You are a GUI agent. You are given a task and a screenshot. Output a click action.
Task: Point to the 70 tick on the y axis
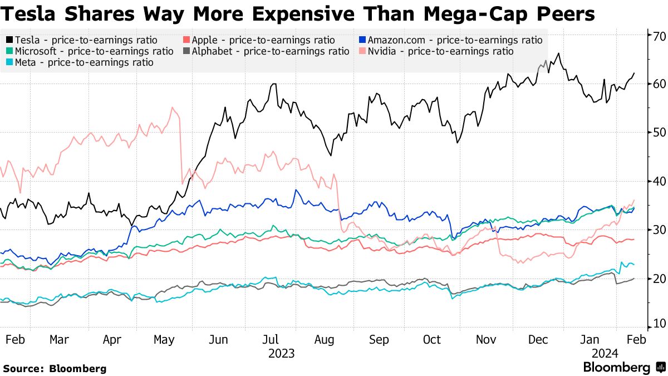pyautogui.click(x=656, y=36)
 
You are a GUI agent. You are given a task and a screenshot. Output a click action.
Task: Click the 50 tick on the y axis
pyautogui.click(x=656, y=132)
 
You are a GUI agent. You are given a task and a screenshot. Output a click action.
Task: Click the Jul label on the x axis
pyautogui.click(x=271, y=340)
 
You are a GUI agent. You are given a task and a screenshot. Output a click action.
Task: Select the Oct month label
pyautogui.click(x=431, y=340)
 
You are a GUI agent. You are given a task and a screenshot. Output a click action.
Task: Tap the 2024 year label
pyautogui.click(x=604, y=354)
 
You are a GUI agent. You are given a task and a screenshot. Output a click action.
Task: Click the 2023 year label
pyautogui.click(x=281, y=354)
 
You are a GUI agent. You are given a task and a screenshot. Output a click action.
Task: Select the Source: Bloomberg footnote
pyautogui.click(x=55, y=369)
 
